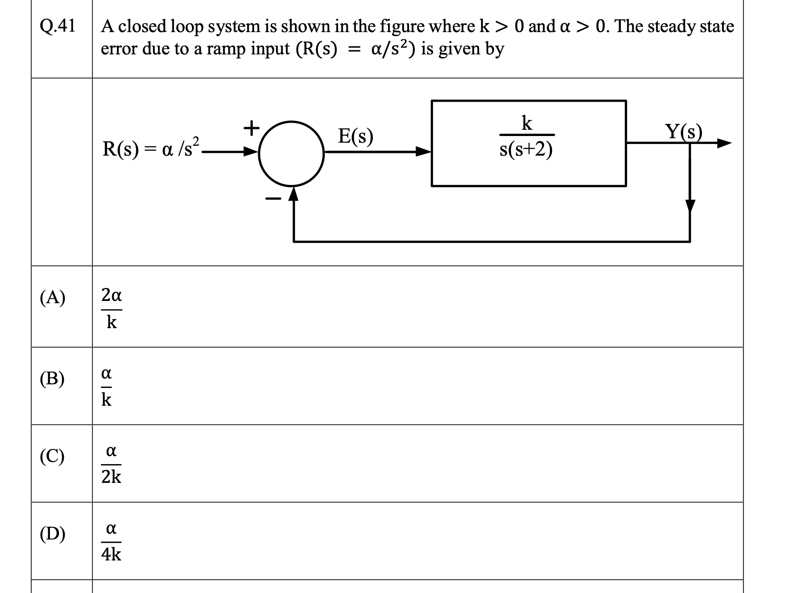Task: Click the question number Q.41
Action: point(58,26)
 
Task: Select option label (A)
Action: point(53,297)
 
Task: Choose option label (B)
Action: point(52,379)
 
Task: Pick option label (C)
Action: point(52,457)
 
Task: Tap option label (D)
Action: point(53,534)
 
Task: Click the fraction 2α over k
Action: point(111,308)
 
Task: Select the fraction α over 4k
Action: point(111,541)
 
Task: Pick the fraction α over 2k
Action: point(111,464)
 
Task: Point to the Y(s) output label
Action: point(683,132)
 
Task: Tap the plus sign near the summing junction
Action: point(252,128)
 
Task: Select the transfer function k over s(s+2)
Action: point(527,136)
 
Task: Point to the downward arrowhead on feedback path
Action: point(690,206)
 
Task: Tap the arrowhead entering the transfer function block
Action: point(423,152)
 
